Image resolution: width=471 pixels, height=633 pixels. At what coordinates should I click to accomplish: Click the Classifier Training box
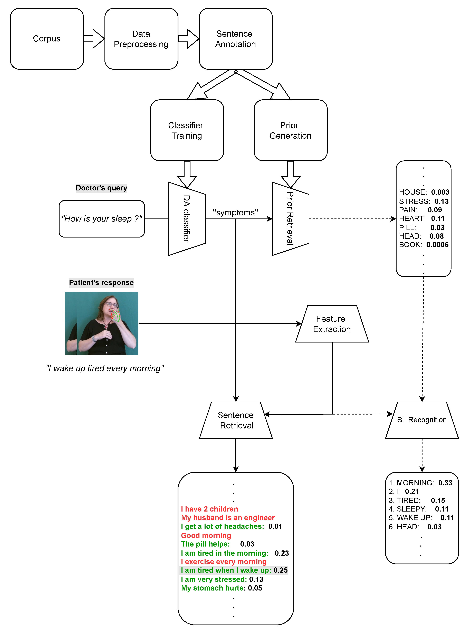tap(187, 130)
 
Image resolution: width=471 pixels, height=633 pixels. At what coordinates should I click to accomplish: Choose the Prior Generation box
tap(290, 130)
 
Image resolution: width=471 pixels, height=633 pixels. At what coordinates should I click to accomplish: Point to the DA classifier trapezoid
tap(187, 219)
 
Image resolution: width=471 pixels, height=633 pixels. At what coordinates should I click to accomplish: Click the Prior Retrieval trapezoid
tap(290, 219)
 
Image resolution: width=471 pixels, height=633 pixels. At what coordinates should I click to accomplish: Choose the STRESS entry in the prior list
tap(414, 201)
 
